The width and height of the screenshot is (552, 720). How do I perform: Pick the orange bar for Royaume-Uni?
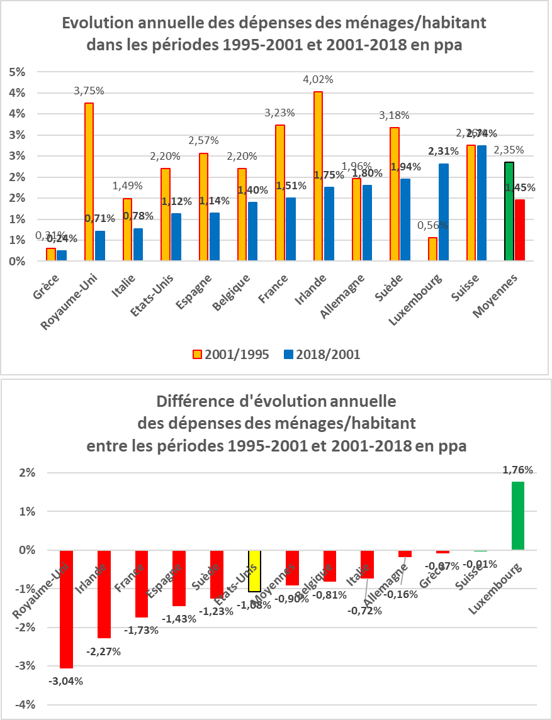click(x=89, y=182)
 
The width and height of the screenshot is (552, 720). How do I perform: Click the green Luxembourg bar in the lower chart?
click(x=518, y=516)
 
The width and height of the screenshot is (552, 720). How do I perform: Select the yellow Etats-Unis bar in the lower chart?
click(x=254, y=571)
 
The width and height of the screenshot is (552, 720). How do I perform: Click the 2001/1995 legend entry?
click(x=233, y=354)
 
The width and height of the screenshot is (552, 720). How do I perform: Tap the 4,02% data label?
click(x=318, y=79)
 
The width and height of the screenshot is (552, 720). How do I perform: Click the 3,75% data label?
click(x=89, y=91)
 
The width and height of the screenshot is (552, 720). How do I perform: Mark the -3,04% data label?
click(x=65, y=680)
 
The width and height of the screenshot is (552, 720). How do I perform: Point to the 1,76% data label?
click(x=518, y=470)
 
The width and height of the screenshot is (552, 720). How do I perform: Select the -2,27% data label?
click(x=104, y=651)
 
